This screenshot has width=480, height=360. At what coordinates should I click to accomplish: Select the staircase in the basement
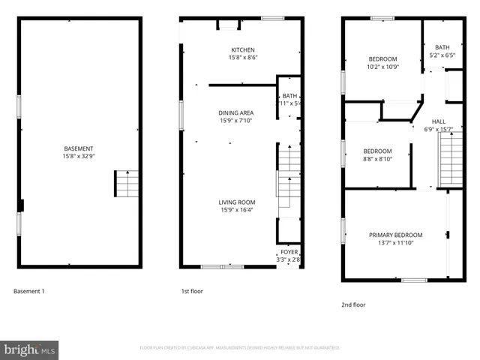pyautogui.click(x=127, y=184)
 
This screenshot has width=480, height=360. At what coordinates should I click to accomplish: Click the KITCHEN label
pyautogui.click(x=242, y=49)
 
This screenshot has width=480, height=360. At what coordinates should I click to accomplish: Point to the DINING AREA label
pyautogui.click(x=236, y=112)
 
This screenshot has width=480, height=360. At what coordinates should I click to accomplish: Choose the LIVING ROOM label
pyautogui.click(x=236, y=202)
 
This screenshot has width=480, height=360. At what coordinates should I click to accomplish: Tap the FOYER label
pyautogui.click(x=289, y=252)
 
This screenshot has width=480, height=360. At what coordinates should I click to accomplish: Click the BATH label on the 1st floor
pyautogui.click(x=289, y=95)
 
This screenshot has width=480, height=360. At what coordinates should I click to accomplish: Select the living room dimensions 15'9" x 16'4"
pyautogui.click(x=236, y=209)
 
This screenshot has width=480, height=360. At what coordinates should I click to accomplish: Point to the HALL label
pyautogui.click(x=439, y=121)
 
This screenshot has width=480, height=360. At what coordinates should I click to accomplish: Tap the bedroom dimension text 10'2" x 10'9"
pyautogui.click(x=382, y=67)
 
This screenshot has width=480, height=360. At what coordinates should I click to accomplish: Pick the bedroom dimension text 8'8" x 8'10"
pyautogui.click(x=377, y=158)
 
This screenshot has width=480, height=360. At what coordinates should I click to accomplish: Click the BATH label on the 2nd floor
pyautogui.click(x=442, y=46)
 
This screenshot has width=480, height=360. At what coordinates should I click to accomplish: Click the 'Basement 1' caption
pyautogui.click(x=29, y=291)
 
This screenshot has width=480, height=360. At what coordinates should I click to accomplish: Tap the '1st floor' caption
pyautogui.click(x=192, y=291)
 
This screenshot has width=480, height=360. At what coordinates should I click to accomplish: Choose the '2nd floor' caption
pyautogui.click(x=353, y=305)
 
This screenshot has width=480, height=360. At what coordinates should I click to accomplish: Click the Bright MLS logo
pyautogui.click(x=29, y=349)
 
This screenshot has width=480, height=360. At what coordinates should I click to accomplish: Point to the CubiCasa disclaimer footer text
pyautogui.click(x=240, y=348)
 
